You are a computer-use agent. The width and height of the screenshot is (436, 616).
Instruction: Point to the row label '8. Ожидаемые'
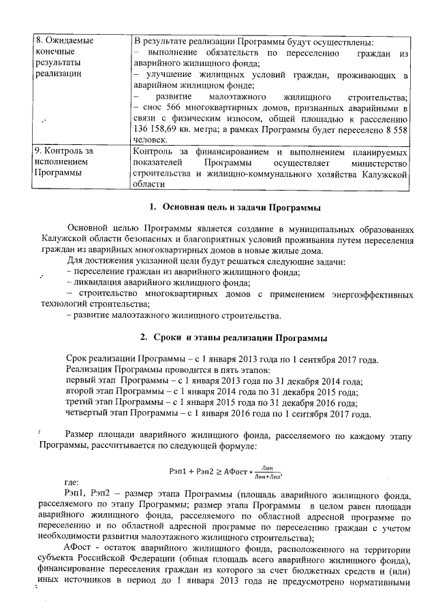tap(63, 40)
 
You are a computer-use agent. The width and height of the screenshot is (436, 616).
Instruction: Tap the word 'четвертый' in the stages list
tap(89, 414)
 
